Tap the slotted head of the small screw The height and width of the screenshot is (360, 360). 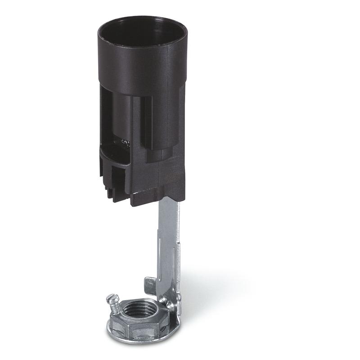tap(112, 298)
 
